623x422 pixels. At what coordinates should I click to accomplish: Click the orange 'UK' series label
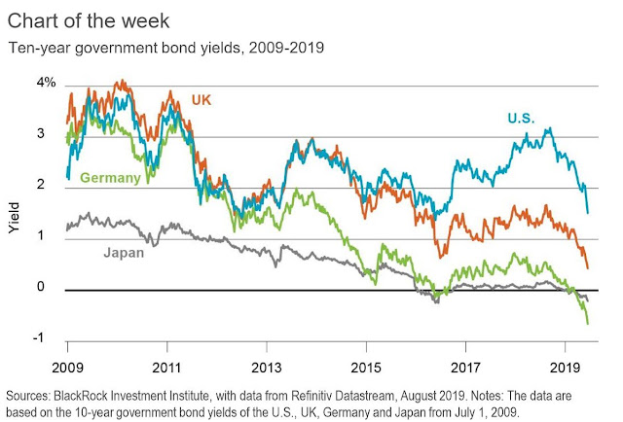(x=201, y=100)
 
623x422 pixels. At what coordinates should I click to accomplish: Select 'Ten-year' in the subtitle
(x=37, y=46)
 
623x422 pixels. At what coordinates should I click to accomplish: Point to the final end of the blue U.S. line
(x=588, y=212)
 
